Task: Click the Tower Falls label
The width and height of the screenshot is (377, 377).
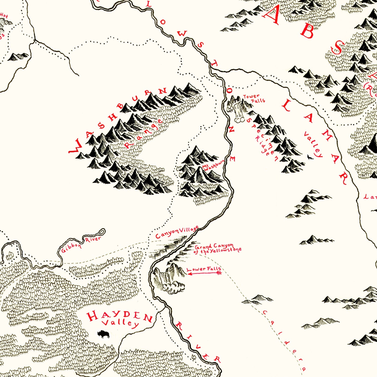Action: click(x=254, y=98)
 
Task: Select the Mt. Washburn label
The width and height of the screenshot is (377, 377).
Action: click(x=213, y=165)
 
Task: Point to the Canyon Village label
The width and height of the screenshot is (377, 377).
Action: click(x=177, y=232)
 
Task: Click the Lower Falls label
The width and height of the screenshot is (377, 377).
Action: click(x=204, y=269)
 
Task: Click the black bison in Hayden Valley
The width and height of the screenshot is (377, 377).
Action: click(x=103, y=334)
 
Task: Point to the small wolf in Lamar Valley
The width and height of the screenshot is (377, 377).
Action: click(x=310, y=157)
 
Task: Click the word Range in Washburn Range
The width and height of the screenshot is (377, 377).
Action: click(x=143, y=133)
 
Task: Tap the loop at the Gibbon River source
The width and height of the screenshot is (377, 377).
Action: click(x=102, y=232)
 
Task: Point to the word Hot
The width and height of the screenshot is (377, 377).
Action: click(x=4, y=15)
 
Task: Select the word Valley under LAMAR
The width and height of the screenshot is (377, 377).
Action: click(x=313, y=145)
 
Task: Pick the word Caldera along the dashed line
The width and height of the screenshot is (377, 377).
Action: click(x=285, y=339)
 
